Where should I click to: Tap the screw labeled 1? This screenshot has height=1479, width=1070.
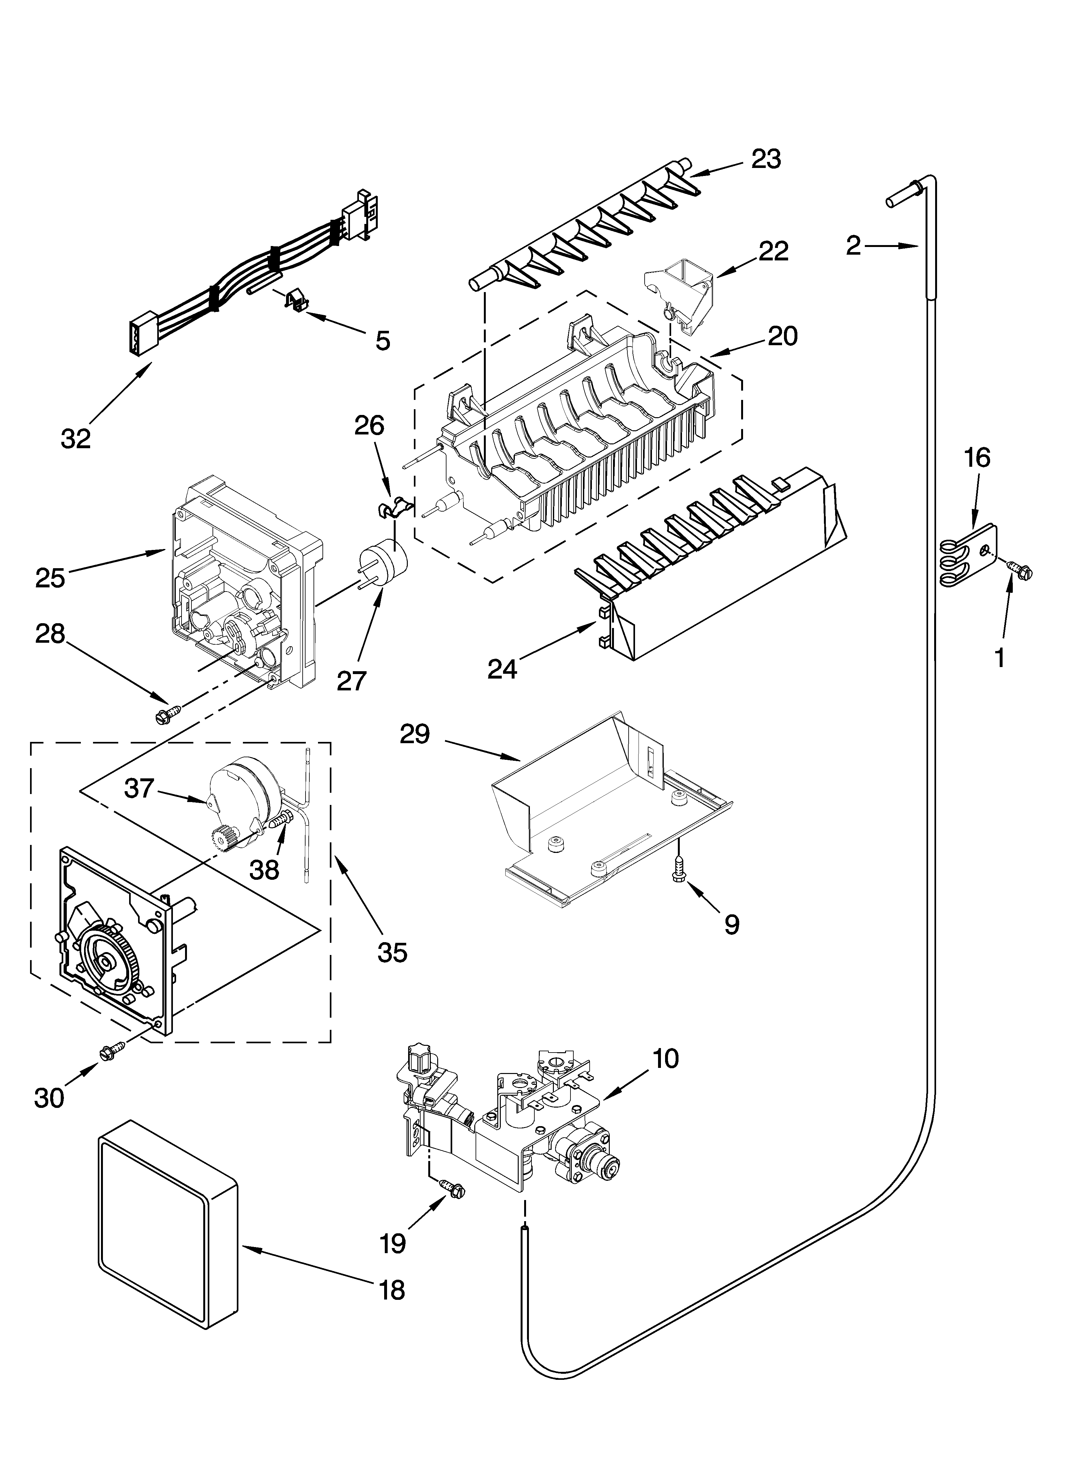coord(1018,569)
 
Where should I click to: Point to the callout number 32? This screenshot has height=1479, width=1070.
coord(76,438)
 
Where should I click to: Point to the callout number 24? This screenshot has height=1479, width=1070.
coord(502,668)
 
